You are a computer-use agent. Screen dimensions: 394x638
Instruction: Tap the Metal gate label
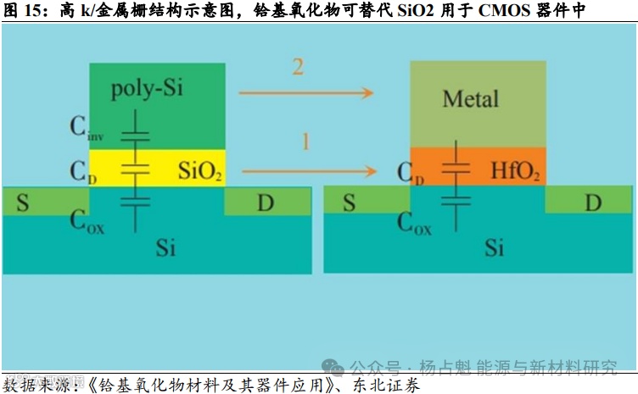(470, 99)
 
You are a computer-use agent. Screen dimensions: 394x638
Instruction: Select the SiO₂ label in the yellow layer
(200, 172)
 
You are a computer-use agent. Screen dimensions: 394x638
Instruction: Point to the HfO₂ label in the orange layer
(515, 172)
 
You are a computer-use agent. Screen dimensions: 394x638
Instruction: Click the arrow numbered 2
(306, 92)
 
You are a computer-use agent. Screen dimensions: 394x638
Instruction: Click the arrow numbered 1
(306, 172)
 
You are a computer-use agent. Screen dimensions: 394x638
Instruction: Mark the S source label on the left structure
(23, 204)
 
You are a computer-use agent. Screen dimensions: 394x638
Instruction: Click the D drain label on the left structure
(266, 204)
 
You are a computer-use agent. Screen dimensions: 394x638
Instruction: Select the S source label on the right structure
(349, 204)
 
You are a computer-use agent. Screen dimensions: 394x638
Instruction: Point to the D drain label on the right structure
(593, 204)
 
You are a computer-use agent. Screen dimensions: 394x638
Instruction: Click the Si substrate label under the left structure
(167, 247)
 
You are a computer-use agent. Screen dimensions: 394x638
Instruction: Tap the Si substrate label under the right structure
(494, 247)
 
